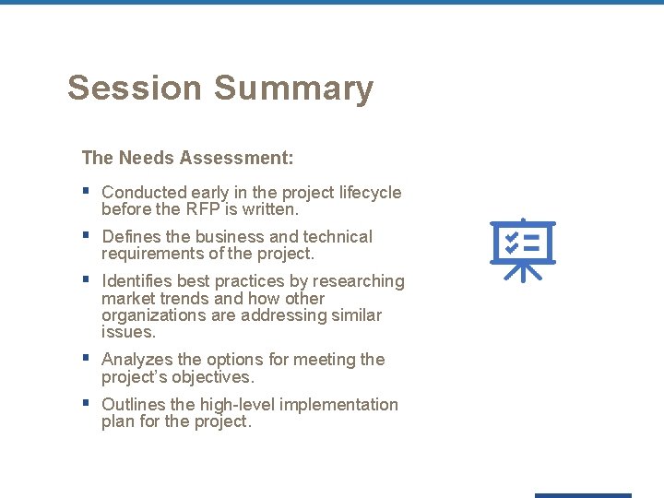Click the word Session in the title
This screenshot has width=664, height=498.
point(135,89)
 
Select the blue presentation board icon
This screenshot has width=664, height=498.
point(523,249)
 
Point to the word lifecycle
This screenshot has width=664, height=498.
point(365,193)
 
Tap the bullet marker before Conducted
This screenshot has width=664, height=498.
point(86,192)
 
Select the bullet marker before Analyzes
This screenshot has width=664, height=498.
point(86,359)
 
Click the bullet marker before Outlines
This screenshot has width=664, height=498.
point(86,404)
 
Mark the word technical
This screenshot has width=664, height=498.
point(338,237)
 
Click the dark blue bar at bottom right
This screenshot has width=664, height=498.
point(583,495)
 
